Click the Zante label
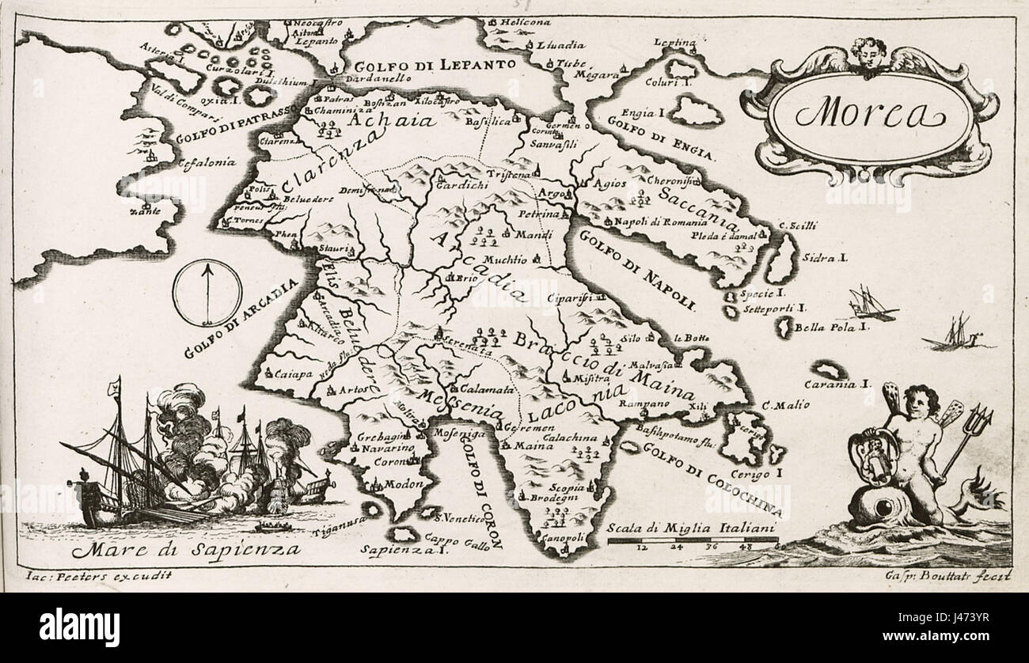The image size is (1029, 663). tap(145, 211)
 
